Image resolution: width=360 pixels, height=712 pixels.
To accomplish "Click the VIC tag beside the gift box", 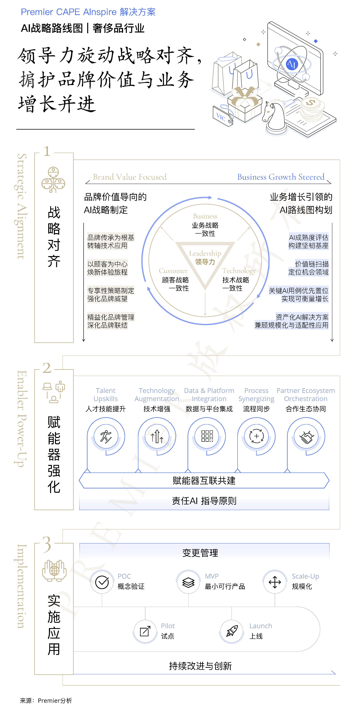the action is coord(222,116).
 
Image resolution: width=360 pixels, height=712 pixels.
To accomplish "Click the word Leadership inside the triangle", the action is coord(205,253).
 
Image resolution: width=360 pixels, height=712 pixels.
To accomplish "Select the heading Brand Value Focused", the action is coord(130,177).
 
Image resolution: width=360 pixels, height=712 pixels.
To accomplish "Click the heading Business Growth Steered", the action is coord(281,177).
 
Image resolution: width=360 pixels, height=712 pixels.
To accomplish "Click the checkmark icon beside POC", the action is coord(102,582).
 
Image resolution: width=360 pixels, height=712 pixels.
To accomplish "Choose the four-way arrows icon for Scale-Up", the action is coord(274,582).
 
